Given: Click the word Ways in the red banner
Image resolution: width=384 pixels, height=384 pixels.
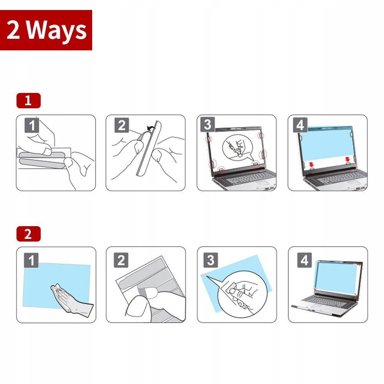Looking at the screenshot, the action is click(x=56, y=31).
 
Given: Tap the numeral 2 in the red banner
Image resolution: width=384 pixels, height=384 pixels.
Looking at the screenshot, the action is click(x=13, y=30).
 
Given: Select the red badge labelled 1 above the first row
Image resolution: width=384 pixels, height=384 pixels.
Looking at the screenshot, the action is click(x=28, y=100).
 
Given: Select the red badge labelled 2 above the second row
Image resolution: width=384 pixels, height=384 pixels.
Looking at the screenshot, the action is click(x=28, y=234).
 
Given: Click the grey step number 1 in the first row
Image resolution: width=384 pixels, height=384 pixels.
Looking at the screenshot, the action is click(x=32, y=126).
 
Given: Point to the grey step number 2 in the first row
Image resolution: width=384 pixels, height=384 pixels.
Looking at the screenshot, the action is click(x=122, y=125).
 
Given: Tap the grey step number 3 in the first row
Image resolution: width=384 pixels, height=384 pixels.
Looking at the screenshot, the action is click(x=207, y=124).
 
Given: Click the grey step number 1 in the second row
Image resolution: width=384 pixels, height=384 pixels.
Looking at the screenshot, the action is click(x=31, y=260).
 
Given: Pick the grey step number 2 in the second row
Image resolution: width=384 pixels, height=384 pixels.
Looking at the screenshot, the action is click(x=121, y=260).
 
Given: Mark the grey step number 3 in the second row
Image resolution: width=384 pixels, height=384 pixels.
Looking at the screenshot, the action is click(x=210, y=260).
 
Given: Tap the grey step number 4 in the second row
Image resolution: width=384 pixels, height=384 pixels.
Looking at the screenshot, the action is click(x=305, y=260).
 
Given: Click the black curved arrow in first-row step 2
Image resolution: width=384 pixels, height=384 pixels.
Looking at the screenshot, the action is click(x=151, y=127).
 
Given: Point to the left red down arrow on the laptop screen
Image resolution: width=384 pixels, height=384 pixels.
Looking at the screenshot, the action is click(x=311, y=164).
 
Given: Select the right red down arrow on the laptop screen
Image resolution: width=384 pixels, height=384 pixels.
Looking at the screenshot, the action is click(x=348, y=159).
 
